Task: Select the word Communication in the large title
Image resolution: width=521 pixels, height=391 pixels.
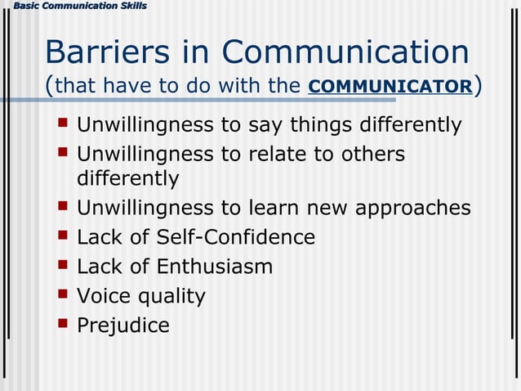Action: (345, 52)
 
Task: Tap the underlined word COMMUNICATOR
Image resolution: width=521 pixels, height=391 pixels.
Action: (390, 87)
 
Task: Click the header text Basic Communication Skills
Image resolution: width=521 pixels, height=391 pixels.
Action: (74, 7)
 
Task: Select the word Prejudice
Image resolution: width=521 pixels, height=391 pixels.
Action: (123, 326)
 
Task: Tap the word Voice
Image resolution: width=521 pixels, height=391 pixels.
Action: (103, 295)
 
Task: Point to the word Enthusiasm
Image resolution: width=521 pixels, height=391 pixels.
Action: (215, 266)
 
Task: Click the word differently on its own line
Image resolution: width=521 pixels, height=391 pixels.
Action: (127, 178)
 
